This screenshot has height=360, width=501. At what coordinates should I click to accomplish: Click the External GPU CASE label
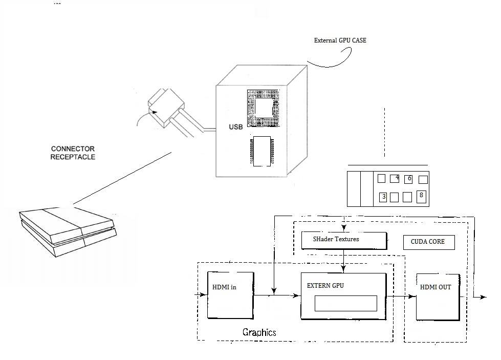pos(340,40)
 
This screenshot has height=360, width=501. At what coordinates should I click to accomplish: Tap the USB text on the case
pos(236,127)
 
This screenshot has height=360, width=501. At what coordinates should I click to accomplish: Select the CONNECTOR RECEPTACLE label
pos(73,153)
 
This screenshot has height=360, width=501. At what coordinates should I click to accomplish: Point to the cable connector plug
pos(166,108)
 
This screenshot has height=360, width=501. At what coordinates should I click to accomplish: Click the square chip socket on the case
pos(264,109)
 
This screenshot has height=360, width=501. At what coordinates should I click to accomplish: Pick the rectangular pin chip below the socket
pos(262,151)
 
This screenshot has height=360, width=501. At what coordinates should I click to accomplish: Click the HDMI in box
pos(230,295)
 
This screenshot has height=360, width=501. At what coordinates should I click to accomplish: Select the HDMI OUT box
pos(438,297)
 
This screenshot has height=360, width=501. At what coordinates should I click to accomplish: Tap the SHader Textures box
pos(344,240)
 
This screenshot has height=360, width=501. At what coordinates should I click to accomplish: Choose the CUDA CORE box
pos(429,242)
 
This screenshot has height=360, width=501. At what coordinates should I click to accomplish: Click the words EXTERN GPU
pos(325,286)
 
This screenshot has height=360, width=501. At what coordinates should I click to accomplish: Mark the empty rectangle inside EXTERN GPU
pos(346,303)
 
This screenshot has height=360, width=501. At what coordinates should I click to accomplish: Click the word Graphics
pos(259,332)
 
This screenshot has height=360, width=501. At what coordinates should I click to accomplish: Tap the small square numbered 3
pos(383,197)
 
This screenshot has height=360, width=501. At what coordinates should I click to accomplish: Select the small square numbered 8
pos(422,197)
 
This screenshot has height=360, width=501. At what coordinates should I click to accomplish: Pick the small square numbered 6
pos(408,179)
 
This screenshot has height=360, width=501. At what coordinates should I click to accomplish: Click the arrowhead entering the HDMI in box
pos(203,294)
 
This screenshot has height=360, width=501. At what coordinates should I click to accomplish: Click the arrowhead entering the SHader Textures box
pos(344,228)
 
